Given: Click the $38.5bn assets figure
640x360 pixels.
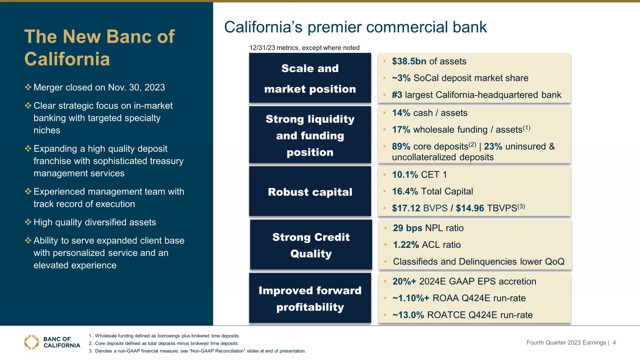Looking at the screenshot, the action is [409, 61].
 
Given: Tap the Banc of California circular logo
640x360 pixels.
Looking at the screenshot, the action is [32, 342].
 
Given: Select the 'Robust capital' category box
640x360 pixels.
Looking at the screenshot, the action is [310, 191].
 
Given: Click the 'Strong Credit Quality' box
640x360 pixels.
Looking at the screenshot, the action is [311, 244].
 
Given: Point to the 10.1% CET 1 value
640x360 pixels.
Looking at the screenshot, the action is [405, 174].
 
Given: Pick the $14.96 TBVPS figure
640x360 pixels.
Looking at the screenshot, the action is [470, 208].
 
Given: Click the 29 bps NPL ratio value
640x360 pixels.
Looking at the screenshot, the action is [407, 228].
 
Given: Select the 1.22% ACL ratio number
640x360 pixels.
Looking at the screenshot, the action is [406, 245].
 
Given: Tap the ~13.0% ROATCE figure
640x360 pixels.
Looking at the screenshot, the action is [408, 315].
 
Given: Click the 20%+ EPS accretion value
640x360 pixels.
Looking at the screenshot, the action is [404, 282].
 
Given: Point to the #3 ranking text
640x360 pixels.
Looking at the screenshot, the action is [397, 95].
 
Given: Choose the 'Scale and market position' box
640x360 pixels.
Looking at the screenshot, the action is [310, 78].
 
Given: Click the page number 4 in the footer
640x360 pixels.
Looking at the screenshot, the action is [614, 343].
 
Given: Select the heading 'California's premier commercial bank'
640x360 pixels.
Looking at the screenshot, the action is [355, 27].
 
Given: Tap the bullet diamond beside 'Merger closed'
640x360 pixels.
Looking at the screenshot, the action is [28, 87].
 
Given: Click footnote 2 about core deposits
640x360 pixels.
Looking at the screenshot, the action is [164, 343].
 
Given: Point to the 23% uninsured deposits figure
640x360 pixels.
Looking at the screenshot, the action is [493, 147].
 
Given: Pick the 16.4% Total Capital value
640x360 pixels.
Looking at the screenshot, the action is [405, 192].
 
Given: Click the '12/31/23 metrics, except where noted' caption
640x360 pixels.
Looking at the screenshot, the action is [304, 48].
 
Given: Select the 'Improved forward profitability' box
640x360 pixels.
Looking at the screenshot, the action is [310, 298].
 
